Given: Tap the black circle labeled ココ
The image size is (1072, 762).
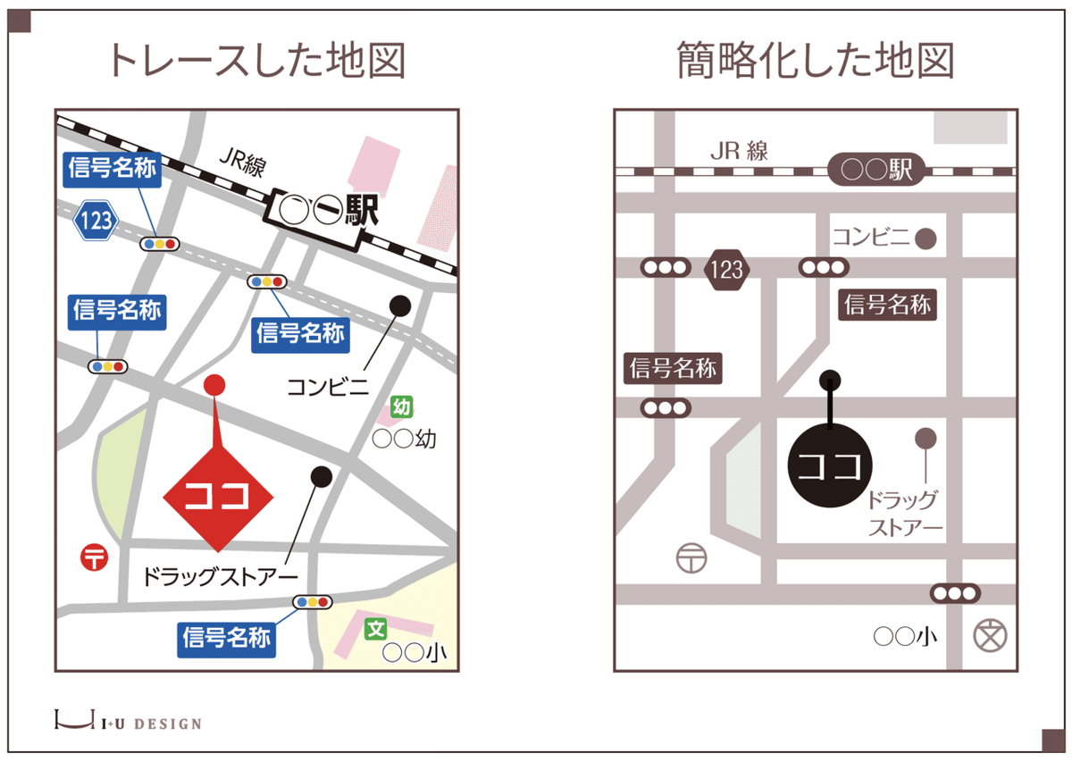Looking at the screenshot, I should coord(830,465).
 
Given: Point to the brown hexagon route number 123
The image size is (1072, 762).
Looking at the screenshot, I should coord(726,268).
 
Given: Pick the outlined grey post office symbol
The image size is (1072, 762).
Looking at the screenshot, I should coord(692,558).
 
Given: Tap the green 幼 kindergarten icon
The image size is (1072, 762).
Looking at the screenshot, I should coord(401,408).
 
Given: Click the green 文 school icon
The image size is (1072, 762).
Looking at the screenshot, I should coord(376,629).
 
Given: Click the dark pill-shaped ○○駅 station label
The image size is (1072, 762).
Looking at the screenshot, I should coord(877,170).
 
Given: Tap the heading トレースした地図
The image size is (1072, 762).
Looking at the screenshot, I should coord(257,61).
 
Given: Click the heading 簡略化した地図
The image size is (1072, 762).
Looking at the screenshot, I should coord(816,61).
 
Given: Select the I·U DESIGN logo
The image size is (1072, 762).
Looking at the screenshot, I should coord(128,721).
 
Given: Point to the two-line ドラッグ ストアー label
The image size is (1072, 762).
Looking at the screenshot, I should coord(905,514).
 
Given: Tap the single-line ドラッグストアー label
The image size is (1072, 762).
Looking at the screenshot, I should coord(220,576).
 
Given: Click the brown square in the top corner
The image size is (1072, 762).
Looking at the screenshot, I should coord(19,21).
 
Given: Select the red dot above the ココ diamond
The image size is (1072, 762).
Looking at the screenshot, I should coord(214,385).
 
